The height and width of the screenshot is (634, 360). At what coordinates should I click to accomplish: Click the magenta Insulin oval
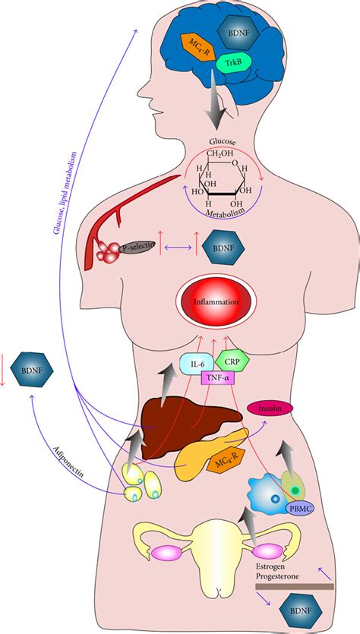tap(271, 408)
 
